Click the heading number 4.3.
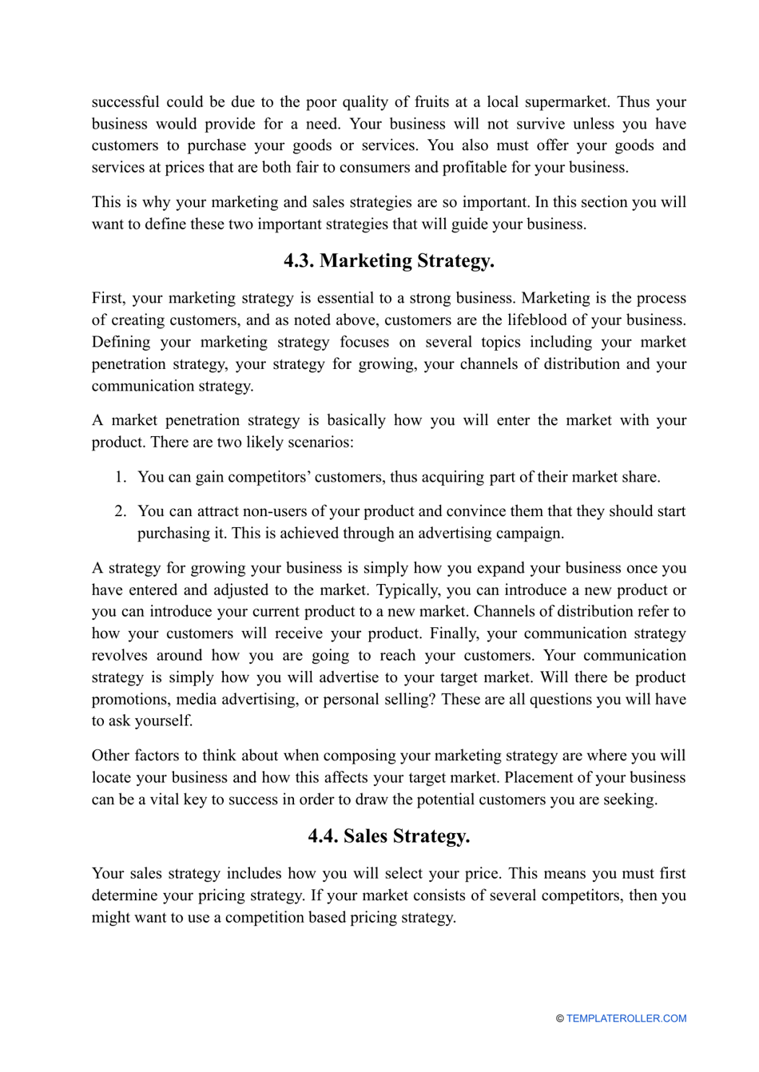click(x=299, y=261)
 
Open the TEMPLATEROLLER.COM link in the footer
click(x=626, y=1018)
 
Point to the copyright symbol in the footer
click(x=560, y=1018)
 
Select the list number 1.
click(x=120, y=477)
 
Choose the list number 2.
click(x=120, y=511)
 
